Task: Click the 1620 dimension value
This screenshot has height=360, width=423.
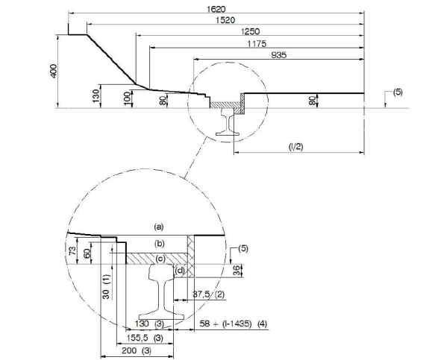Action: pyautogui.click(x=216, y=9)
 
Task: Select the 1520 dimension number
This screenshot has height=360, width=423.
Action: pyautogui.click(x=225, y=20)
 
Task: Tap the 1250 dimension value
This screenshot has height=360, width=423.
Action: pyautogui.click(x=250, y=31)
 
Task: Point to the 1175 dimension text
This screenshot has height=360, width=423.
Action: pyautogui.click(x=257, y=44)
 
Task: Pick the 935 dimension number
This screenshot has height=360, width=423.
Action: pyautogui.click(x=279, y=55)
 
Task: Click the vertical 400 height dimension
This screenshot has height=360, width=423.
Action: pyautogui.click(x=54, y=71)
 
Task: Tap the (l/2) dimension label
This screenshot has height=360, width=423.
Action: pyautogui.click(x=296, y=147)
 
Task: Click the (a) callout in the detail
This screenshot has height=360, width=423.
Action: pyautogui.click(x=159, y=227)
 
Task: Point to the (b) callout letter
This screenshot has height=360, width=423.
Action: pyautogui.click(x=160, y=244)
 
